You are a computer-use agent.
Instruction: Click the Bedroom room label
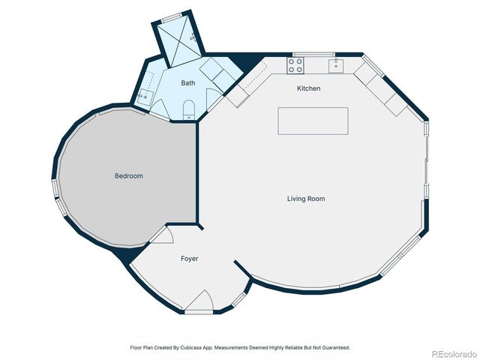(128, 175)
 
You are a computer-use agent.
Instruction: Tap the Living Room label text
(306, 199)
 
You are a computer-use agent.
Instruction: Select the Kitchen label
(308, 88)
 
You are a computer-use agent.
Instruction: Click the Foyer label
(189, 259)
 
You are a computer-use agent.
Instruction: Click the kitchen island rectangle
(313, 121)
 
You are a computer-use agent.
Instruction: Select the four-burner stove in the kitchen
(295, 65)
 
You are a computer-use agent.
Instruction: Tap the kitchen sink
(336, 65)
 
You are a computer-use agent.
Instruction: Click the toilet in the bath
(189, 109)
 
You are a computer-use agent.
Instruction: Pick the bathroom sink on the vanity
(145, 97)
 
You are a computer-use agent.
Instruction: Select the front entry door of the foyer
(199, 303)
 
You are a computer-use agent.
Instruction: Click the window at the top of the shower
(172, 16)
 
